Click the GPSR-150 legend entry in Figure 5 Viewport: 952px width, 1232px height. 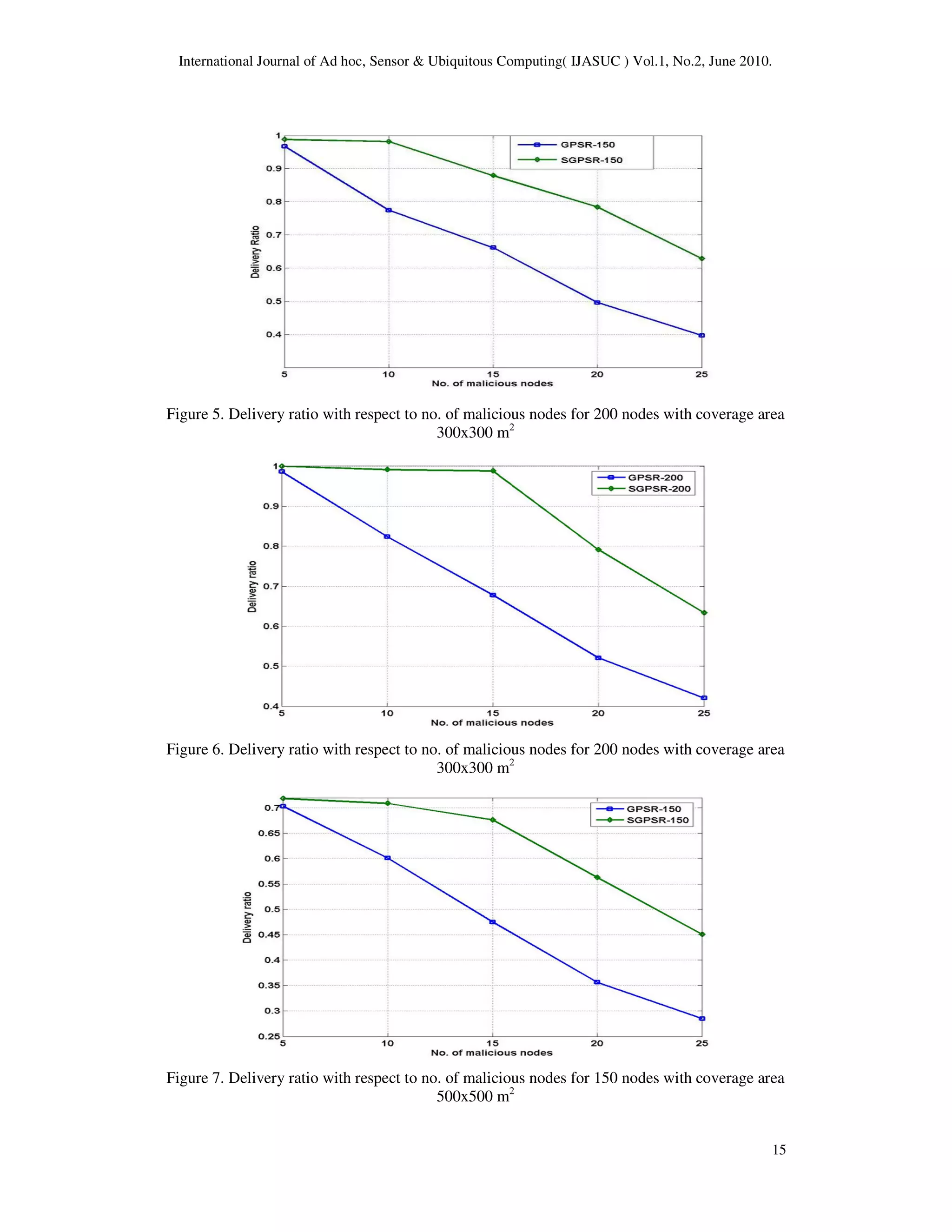[587, 145]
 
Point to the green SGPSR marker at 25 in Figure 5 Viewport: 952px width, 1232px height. [701, 258]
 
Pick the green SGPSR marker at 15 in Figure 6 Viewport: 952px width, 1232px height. [493, 470]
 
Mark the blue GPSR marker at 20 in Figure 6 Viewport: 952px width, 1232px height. [598, 658]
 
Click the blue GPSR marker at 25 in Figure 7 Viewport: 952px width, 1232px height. [701, 1018]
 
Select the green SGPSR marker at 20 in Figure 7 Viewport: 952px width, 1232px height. [597, 877]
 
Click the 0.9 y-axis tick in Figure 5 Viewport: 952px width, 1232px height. [273, 169]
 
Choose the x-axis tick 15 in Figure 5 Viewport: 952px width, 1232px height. [493, 374]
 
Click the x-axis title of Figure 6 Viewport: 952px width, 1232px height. [492, 722]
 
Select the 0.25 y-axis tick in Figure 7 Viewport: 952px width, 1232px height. [269, 1036]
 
